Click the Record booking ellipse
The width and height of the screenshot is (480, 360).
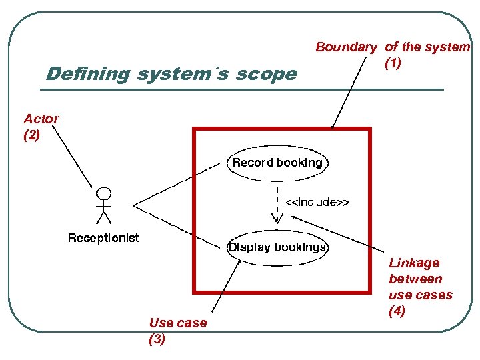click(x=277, y=163)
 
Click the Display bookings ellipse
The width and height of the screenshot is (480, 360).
click(x=278, y=247)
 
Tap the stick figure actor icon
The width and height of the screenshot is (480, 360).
click(x=103, y=207)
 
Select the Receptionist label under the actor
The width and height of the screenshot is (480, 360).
click(x=103, y=238)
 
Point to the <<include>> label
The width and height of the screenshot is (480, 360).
click(x=317, y=201)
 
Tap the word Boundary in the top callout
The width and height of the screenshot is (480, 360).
click(x=346, y=47)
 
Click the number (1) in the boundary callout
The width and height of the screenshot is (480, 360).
click(x=393, y=64)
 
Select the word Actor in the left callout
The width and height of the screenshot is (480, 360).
click(x=41, y=119)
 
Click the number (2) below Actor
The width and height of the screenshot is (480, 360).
click(x=32, y=134)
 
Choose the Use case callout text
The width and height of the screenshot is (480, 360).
click(x=178, y=323)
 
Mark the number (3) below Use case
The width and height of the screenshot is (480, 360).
click(x=157, y=339)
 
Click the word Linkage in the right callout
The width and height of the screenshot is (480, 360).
click(x=414, y=263)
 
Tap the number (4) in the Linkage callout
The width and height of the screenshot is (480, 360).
click(x=397, y=311)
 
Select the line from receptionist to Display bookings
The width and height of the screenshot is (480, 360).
click(x=177, y=225)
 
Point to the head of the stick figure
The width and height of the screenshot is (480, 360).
click(x=104, y=194)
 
